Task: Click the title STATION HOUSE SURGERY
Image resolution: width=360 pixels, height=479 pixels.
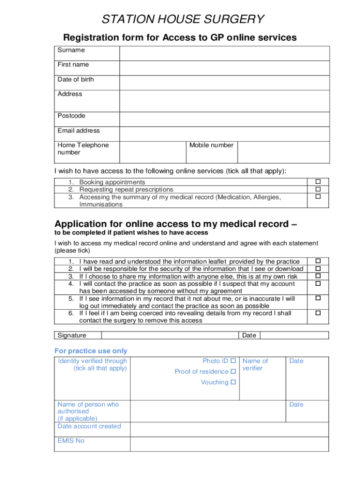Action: click(x=183, y=19)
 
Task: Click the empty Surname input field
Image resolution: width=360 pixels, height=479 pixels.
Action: click(x=224, y=53)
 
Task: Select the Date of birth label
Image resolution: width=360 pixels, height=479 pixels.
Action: click(x=76, y=80)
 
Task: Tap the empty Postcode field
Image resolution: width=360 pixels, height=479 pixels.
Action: click(x=224, y=119)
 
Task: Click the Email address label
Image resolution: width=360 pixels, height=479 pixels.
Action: click(x=79, y=131)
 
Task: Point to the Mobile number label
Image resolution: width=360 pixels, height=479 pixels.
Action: click(x=211, y=145)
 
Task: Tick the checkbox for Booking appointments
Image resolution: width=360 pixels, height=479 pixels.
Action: click(x=318, y=181)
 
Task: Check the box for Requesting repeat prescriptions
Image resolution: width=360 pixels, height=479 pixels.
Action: click(x=318, y=189)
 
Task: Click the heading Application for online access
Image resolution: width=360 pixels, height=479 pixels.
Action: click(x=176, y=224)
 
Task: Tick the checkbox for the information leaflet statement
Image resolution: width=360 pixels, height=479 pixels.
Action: click(x=318, y=261)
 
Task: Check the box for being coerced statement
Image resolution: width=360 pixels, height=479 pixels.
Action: click(x=318, y=313)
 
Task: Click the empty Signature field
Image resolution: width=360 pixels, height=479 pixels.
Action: click(x=170, y=335)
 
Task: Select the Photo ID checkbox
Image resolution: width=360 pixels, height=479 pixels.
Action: click(x=233, y=361)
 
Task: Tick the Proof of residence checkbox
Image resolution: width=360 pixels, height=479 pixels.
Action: click(x=233, y=371)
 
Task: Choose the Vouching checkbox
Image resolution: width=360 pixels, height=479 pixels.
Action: click(x=233, y=382)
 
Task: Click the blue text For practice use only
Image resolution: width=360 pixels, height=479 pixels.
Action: click(x=91, y=351)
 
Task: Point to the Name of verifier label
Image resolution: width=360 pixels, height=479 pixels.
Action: click(x=255, y=364)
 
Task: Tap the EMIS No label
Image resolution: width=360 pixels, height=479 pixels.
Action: click(x=71, y=441)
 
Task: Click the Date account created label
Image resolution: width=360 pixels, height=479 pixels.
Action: click(x=89, y=426)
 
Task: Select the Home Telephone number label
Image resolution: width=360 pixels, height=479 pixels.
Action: click(x=83, y=149)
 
